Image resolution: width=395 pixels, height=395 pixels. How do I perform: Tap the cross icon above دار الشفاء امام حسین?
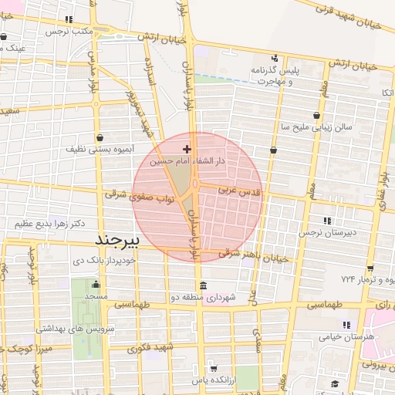[187, 148]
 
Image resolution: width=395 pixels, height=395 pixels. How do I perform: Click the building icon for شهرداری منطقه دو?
[203, 285]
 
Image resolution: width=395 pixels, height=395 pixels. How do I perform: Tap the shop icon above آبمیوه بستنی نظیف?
[100, 137]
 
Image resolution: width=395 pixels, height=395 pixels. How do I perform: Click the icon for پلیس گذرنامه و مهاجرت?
[275, 58]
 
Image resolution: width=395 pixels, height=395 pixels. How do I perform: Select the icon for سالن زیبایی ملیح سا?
[317, 113]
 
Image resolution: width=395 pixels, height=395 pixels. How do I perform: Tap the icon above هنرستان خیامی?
[346, 325]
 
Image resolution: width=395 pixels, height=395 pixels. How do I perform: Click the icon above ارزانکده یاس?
[213, 368]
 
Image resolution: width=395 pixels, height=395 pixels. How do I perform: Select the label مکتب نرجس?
[69, 32]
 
